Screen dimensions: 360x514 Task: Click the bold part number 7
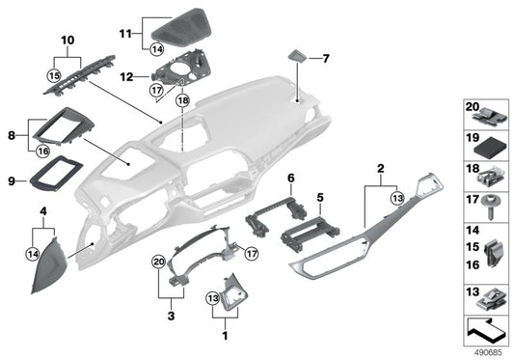(x=325, y=59)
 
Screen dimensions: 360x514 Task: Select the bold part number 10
(x=67, y=40)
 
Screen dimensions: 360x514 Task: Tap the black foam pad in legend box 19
(x=488, y=147)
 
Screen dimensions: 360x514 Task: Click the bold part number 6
(x=290, y=178)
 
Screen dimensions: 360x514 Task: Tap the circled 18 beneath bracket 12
(x=183, y=99)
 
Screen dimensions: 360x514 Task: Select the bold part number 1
(x=225, y=338)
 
